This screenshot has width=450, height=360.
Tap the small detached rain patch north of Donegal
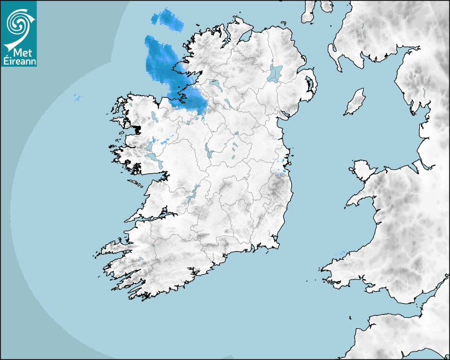tap(166, 19)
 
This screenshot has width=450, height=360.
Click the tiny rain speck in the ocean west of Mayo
tap(78, 97)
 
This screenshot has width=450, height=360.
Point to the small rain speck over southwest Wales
tap(343, 252)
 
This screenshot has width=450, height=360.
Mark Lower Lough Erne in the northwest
tap(215, 84)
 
